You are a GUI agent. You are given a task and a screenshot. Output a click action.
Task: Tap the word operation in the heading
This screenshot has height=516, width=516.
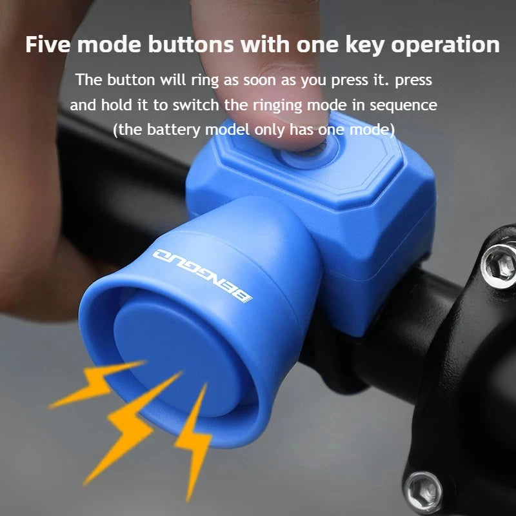click(x=442, y=45)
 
